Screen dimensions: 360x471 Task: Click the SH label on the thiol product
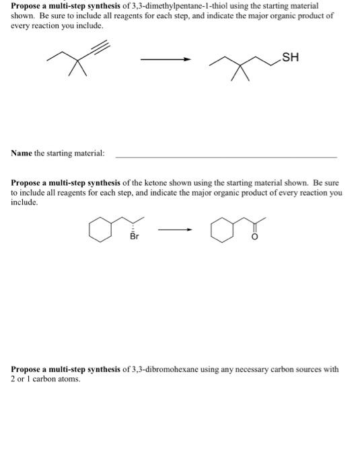click(290, 57)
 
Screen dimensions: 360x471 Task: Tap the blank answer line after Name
click(226, 156)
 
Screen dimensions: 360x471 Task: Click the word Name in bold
click(22, 153)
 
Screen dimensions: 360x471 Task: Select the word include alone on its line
click(24, 201)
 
